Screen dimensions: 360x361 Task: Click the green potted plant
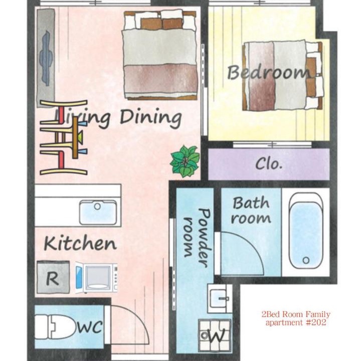(x=185, y=161)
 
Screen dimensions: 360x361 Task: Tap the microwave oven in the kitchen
(x=96, y=277)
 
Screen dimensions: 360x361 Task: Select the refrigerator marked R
(x=53, y=277)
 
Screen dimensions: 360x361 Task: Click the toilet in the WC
(x=56, y=327)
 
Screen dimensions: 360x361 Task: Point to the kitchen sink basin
(x=98, y=212)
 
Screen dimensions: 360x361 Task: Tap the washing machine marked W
(x=215, y=335)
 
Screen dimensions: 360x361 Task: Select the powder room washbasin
(x=220, y=298)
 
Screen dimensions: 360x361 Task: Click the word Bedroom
(x=269, y=73)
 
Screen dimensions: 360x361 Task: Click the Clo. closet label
(x=269, y=163)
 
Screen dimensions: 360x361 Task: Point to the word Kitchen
(x=80, y=243)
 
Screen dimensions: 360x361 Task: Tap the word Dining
(x=151, y=118)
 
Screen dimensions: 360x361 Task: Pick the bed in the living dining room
(x=160, y=55)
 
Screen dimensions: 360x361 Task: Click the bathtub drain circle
(x=306, y=260)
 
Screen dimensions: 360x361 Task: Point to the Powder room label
(x=198, y=238)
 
